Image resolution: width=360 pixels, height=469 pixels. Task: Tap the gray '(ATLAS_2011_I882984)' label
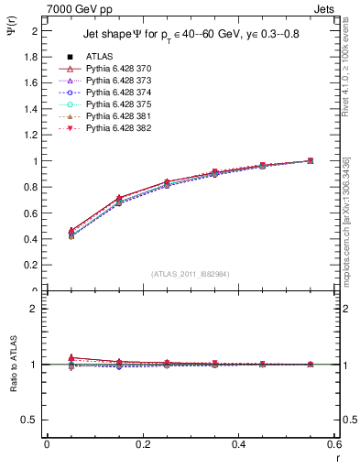coord(191,274)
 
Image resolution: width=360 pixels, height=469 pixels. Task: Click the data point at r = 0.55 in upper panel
coord(311,161)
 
